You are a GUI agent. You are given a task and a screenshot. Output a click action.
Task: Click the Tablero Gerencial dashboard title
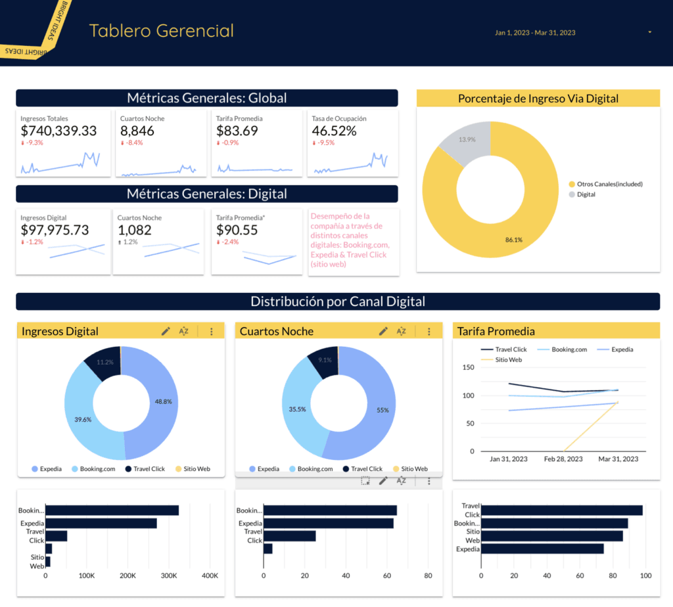[162, 30]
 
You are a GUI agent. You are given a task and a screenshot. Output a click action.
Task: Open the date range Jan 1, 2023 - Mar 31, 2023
[534, 32]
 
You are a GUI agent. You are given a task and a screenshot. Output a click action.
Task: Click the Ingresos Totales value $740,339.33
[58, 131]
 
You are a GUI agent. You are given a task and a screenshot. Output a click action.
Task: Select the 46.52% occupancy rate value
[334, 131]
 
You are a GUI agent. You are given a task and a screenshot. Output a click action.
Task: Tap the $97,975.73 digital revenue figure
[55, 230]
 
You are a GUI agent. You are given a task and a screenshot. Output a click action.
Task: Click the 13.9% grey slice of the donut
[465, 140]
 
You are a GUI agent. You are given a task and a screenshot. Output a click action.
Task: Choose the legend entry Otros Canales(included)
[609, 184]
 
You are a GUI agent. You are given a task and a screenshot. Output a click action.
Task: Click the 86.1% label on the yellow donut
[514, 240]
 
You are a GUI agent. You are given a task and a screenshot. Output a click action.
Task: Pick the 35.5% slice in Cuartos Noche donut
[298, 409]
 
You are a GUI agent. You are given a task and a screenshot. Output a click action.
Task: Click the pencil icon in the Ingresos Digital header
[166, 331]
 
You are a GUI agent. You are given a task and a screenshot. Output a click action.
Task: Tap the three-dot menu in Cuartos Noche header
[429, 331]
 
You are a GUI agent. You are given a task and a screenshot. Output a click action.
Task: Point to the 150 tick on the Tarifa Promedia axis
[469, 367]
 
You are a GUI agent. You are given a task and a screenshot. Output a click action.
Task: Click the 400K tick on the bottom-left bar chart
[210, 575]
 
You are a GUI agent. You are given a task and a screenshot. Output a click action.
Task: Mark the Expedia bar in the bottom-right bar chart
[542, 549]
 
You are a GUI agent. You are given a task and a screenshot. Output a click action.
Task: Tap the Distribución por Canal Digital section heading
[338, 302]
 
